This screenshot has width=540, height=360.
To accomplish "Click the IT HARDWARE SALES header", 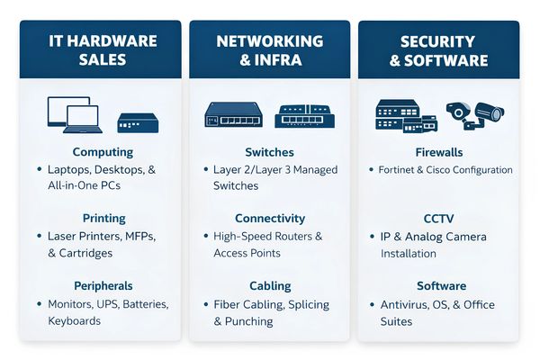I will pyautogui.click(x=102, y=50).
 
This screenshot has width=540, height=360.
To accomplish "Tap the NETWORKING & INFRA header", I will pyautogui.click(x=269, y=50).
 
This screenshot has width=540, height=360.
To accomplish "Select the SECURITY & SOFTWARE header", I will pyautogui.click(x=438, y=50).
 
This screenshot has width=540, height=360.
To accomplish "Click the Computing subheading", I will pyautogui.click(x=103, y=152).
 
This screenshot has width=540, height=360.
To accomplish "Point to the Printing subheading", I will pyautogui.click(x=103, y=219).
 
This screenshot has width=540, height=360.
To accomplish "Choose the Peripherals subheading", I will pyautogui.click(x=103, y=286).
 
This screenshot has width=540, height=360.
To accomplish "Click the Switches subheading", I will pyautogui.click(x=269, y=152).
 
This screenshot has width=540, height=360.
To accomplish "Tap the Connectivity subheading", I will pyautogui.click(x=269, y=219).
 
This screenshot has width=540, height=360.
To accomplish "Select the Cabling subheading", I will pyautogui.click(x=269, y=286).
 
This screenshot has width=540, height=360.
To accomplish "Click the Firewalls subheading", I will pyautogui.click(x=438, y=152).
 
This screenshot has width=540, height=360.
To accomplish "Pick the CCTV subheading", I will pyautogui.click(x=438, y=219).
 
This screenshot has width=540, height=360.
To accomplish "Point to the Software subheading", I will pyautogui.click(x=438, y=286).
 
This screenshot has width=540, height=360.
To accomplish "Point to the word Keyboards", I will pyautogui.click(x=75, y=320).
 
